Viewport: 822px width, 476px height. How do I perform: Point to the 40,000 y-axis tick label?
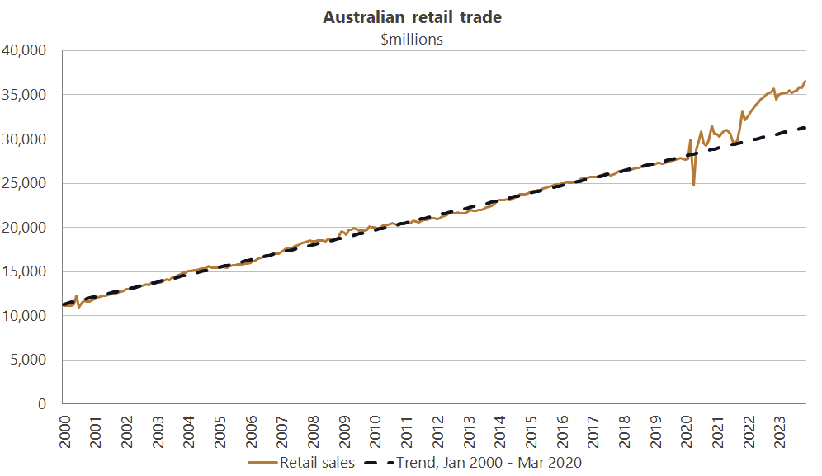pos(26,51)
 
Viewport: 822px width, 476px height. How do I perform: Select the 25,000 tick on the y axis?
pos(26,183)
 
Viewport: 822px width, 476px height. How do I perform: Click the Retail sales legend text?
pos(317,463)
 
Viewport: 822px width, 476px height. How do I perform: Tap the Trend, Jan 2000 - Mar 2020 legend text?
pos(489,463)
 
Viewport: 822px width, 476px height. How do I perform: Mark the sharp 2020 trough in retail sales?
pos(694,185)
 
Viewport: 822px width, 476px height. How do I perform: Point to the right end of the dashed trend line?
pos(805,128)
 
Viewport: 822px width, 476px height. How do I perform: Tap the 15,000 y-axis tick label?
pos(26,271)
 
